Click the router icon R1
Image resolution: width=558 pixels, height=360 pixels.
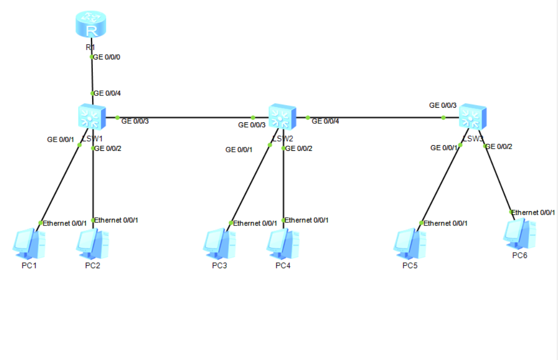(x=92, y=24)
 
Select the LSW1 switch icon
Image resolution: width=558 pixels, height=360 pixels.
(x=92, y=116)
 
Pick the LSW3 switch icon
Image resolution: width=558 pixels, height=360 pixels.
(x=473, y=117)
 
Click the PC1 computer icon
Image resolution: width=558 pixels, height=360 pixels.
(x=28, y=244)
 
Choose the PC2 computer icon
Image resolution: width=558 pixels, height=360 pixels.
(x=92, y=244)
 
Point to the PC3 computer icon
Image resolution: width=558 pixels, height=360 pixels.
(x=219, y=244)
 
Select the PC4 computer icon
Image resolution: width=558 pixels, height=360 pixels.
(x=282, y=244)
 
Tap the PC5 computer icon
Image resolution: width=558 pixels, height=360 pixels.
(x=409, y=244)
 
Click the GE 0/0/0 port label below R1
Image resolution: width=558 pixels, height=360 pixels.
(x=107, y=57)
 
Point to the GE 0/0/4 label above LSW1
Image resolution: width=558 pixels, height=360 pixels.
(x=107, y=93)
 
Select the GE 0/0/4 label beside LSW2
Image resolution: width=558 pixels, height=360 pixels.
(x=325, y=121)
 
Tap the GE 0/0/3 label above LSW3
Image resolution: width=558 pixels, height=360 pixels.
(x=443, y=106)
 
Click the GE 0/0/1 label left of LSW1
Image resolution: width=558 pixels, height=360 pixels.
(x=60, y=139)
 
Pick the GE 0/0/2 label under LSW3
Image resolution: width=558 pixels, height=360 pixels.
(x=499, y=147)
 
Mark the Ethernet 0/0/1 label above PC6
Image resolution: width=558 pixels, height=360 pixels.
(x=533, y=213)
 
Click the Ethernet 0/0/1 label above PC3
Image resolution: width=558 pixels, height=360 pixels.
(x=255, y=223)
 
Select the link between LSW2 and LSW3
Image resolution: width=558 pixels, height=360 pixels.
(x=376, y=118)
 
